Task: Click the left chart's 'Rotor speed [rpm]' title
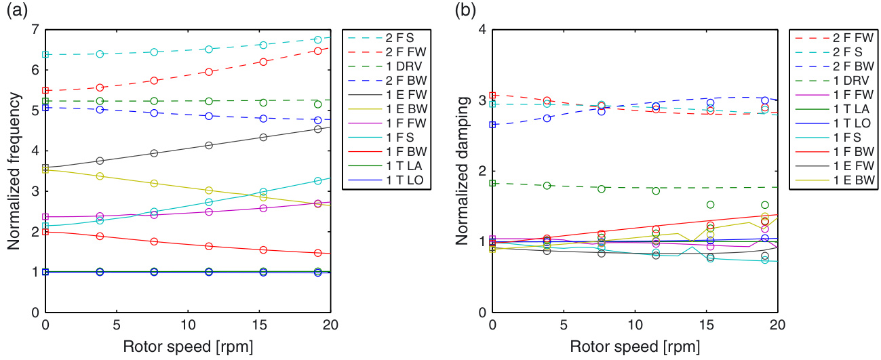[x=187, y=347]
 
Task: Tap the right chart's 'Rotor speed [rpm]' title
[x=635, y=347]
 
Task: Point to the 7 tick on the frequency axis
[x=34, y=29]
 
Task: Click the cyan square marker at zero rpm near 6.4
[x=45, y=54]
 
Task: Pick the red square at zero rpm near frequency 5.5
[x=45, y=90]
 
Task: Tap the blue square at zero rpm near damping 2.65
[x=493, y=125]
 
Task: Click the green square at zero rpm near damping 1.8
[x=493, y=183]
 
